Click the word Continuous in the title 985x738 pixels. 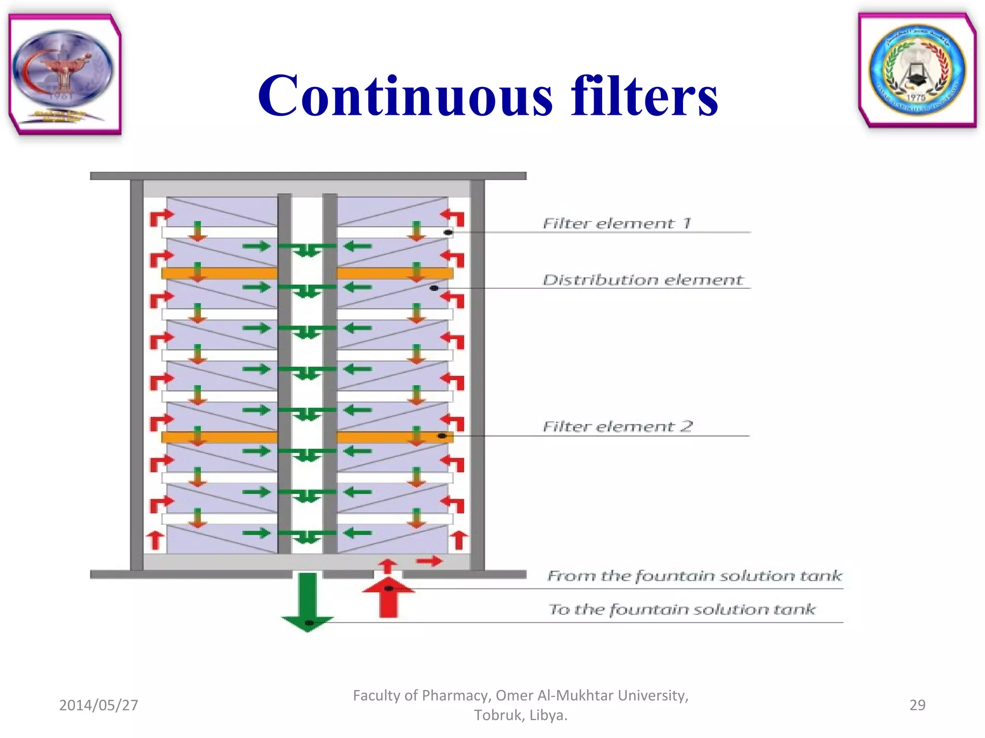[405, 96]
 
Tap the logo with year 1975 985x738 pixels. [917, 70]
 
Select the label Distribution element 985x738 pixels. [643, 280]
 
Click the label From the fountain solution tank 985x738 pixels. [694, 576]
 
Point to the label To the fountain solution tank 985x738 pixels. [682, 609]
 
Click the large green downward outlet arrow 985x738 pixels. [307, 601]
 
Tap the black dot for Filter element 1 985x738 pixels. [448, 233]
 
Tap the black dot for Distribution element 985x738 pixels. [434, 288]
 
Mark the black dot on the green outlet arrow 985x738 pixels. [309, 623]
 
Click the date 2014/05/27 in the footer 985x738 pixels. [99, 705]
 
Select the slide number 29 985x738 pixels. [917, 705]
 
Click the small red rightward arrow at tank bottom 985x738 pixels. [429, 561]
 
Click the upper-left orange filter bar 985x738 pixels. [219, 273]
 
